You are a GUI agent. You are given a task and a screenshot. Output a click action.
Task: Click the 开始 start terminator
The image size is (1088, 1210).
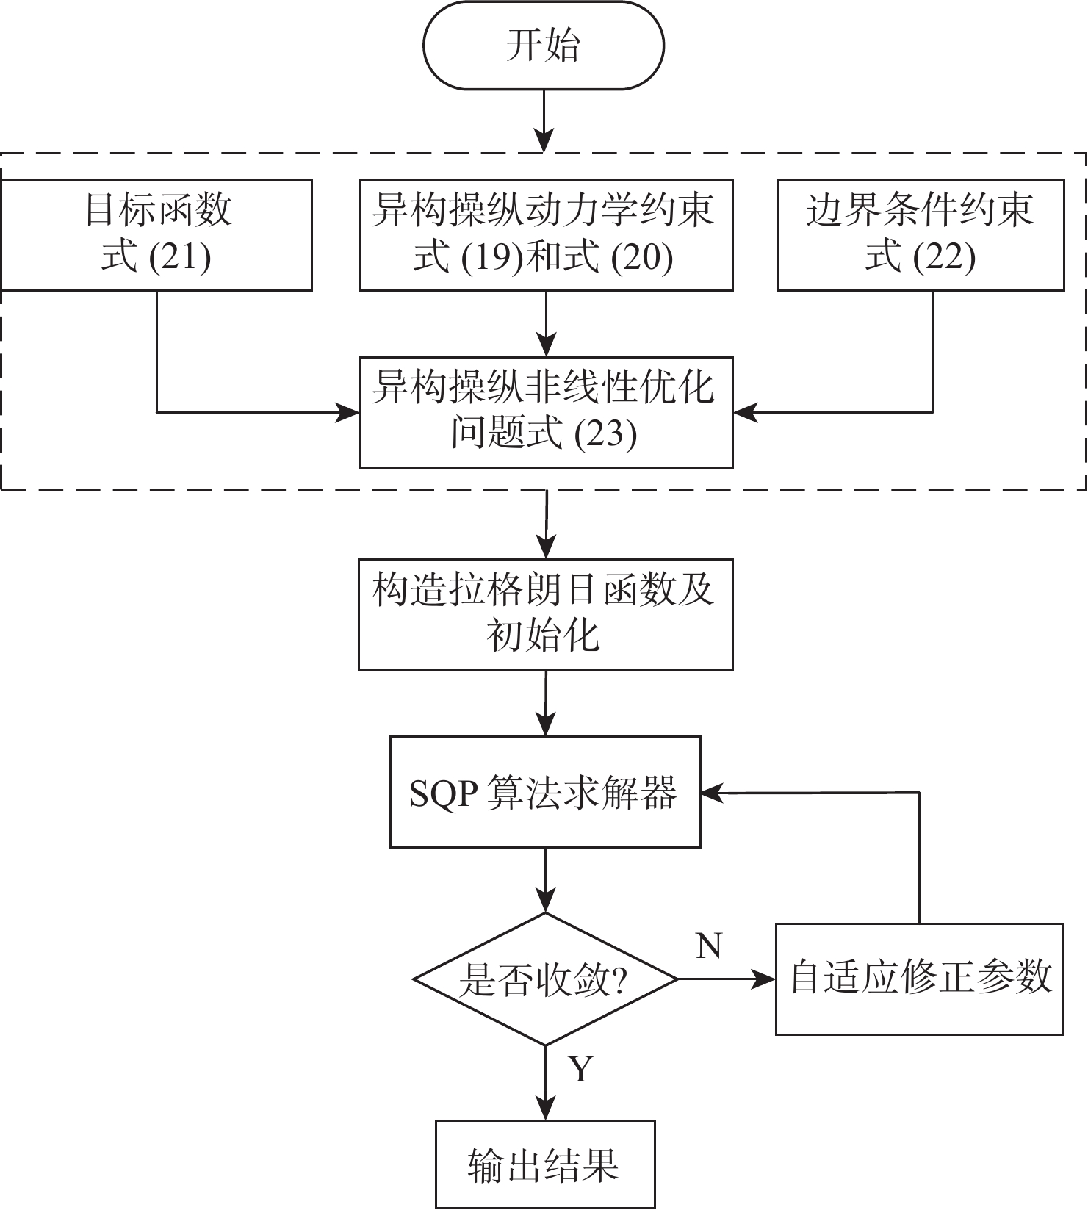click(x=544, y=46)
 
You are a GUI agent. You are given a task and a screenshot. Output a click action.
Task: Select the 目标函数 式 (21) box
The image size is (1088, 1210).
click(x=156, y=234)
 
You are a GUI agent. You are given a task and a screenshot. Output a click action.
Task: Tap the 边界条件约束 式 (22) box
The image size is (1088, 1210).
click(x=921, y=234)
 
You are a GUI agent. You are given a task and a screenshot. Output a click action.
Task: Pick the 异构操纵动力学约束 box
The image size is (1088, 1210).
click(x=546, y=234)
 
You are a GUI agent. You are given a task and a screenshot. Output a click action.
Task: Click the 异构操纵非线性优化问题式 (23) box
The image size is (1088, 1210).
click(x=546, y=412)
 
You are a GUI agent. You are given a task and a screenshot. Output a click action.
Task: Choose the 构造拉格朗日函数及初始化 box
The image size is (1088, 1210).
click(x=545, y=614)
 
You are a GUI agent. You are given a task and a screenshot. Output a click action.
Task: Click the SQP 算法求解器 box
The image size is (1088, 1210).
click(x=545, y=792)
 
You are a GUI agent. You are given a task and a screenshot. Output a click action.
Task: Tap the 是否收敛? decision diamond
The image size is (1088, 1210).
click(x=544, y=979)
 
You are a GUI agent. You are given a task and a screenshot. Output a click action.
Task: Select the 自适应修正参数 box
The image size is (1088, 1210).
click(x=920, y=979)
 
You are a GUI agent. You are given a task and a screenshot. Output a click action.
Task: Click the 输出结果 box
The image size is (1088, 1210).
click(x=545, y=1164)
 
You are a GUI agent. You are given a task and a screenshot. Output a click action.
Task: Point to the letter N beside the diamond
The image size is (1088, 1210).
click(x=709, y=946)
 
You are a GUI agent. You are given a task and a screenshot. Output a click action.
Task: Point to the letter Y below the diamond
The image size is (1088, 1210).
click(x=580, y=1070)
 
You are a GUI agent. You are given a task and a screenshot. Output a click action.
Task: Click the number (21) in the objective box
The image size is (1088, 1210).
click(x=180, y=258)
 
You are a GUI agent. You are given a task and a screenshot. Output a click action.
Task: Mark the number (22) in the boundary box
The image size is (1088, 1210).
click(x=945, y=258)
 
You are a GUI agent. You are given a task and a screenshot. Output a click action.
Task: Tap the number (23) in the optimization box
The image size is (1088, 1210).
click(x=605, y=434)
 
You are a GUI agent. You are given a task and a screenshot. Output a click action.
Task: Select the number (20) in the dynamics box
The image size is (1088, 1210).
click(x=643, y=258)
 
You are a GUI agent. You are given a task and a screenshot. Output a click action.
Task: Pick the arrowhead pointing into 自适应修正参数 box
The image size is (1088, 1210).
click(x=765, y=979)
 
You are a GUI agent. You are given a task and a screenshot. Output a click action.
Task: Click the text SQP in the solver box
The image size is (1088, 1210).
click(x=443, y=793)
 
